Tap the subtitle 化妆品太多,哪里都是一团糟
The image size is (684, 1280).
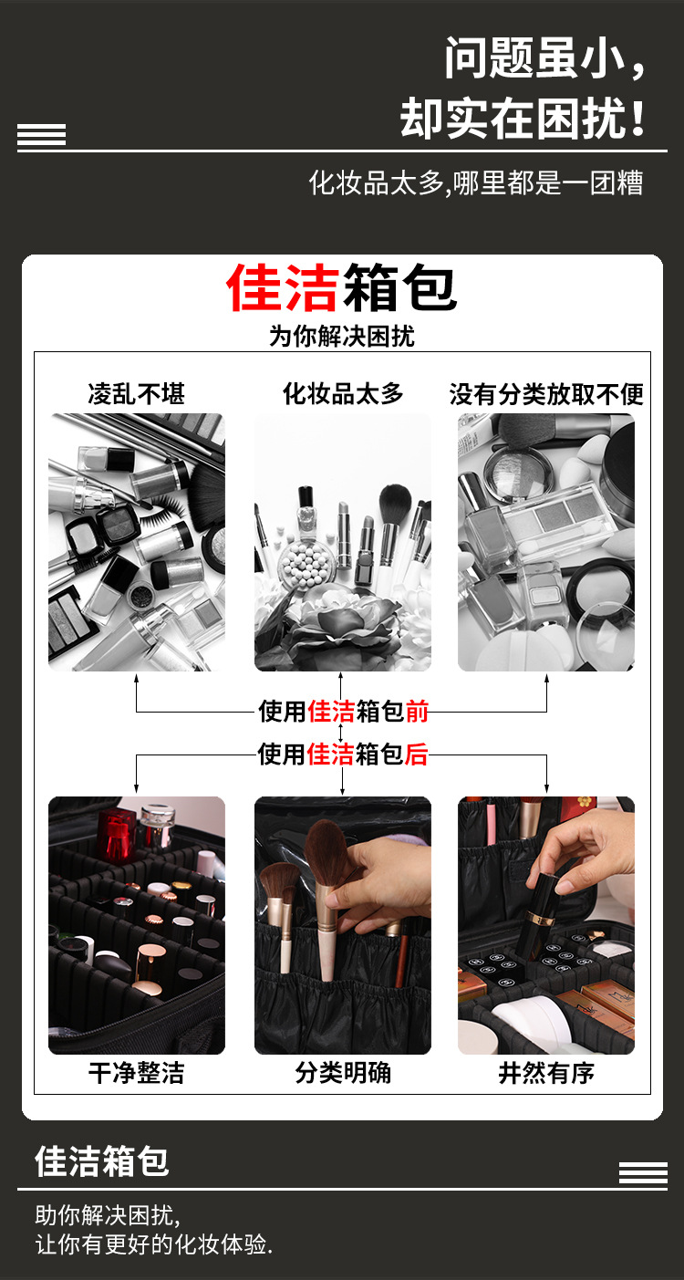(476, 182)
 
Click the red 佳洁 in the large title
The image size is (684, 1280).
(284, 288)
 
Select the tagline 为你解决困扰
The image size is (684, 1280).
(342, 336)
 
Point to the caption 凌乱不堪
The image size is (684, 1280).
(136, 394)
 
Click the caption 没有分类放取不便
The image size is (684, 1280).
(546, 394)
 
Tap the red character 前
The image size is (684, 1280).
(417, 711)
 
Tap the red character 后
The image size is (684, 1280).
(416, 754)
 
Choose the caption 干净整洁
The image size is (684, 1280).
(136, 1073)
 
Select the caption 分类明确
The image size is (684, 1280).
(342, 1073)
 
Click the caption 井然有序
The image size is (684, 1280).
(546, 1073)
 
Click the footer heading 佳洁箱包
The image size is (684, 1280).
(102, 1161)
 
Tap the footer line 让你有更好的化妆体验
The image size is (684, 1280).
(154, 1244)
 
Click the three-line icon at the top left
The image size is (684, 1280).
(41, 135)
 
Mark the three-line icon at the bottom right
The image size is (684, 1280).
(643, 1173)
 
